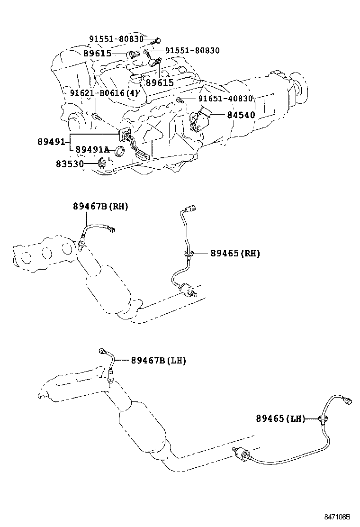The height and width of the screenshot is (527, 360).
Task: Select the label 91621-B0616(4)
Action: pos(104,93)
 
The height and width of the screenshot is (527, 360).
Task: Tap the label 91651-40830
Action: pos(225,99)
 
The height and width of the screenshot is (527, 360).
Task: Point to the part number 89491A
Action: pos(92,150)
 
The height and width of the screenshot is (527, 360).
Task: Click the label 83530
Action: pos(69,164)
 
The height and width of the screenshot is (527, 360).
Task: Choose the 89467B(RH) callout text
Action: pos(100,206)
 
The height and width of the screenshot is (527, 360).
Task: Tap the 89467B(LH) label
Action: pos(158,361)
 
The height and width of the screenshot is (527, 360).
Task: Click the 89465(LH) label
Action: pos(280,418)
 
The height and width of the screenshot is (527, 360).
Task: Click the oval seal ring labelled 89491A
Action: pos(120,152)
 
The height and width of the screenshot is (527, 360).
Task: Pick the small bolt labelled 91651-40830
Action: pos(180,100)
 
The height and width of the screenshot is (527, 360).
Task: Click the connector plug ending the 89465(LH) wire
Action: pos(349,401)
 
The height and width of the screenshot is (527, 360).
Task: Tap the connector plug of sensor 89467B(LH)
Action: pos(104,351)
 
